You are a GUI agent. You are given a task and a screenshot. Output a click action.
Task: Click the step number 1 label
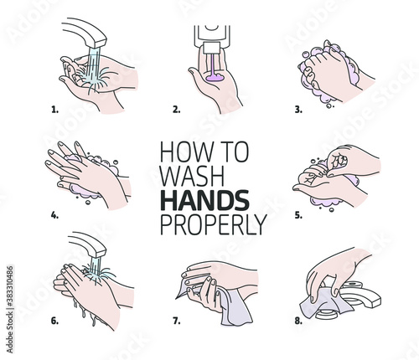(55, 110)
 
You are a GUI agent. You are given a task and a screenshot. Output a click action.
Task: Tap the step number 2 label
(177, 110)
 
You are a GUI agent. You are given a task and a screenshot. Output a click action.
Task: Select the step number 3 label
(298, 110)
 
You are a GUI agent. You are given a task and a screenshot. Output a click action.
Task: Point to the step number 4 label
(55, 215)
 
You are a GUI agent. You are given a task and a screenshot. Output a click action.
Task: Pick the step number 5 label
(298, 215)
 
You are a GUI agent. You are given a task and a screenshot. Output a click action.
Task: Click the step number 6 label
(55, 321)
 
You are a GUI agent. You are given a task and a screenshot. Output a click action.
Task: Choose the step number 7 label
(177, 321)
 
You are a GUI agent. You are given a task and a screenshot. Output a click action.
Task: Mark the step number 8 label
(298, 321)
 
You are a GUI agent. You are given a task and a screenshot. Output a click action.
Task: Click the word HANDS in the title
(204, 200)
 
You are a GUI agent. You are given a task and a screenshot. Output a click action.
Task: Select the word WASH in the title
(193, 176)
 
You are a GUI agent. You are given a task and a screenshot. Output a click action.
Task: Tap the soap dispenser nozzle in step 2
(212, 48)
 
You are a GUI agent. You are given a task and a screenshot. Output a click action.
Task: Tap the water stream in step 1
(94, 67)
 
